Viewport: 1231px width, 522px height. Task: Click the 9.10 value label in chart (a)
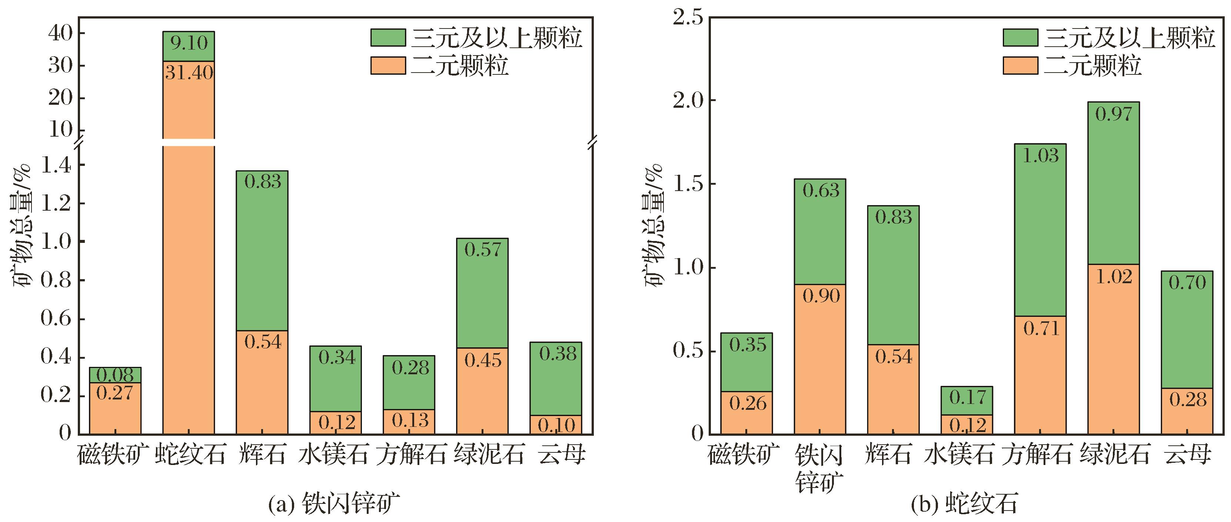[x=189, y=43]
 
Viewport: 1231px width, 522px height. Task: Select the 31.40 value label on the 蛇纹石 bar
[x=189, y=73]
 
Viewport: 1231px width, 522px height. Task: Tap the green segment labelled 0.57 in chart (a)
[x=482, y=293]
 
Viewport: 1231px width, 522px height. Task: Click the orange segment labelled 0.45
[x=482, y=391]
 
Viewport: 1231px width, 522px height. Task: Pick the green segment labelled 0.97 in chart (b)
[x=1114, y=183]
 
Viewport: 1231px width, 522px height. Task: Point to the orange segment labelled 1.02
[x=1114, y=349]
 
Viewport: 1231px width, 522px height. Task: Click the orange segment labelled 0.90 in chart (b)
[x=820, y=359]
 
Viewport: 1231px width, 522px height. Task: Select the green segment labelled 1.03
[x=1040, y=230]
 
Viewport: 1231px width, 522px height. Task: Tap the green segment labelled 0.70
[x=1187, y=329]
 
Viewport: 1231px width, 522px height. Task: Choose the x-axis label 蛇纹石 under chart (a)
[x=190, y=454]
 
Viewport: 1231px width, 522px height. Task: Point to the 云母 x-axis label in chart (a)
[x=562, y=454]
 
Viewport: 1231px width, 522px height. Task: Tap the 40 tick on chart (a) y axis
[x=60, y=33]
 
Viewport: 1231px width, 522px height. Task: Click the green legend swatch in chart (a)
[x=388, y=37]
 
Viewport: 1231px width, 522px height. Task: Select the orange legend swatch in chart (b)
[x=1020, y=66]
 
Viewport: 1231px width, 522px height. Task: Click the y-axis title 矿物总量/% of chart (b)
[x=654, y=225]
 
